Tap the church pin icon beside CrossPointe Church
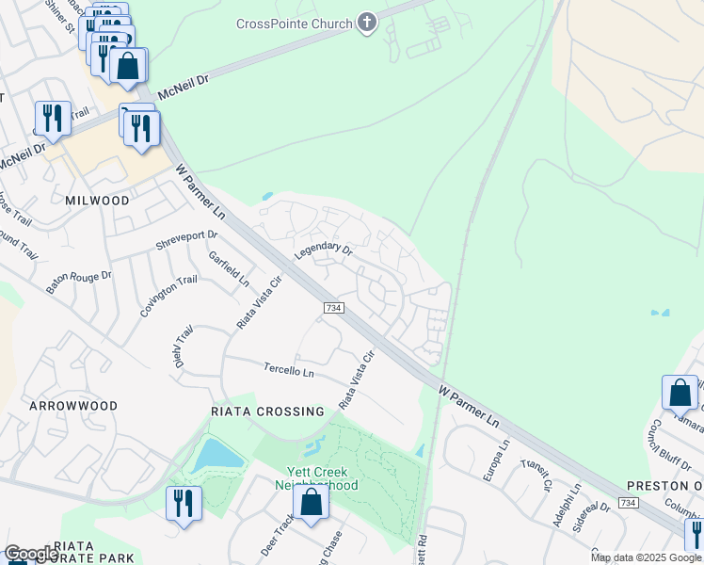367,23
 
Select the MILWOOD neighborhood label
97,201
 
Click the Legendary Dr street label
323,252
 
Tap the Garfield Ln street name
230,268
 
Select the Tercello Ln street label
288,370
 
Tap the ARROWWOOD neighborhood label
73,406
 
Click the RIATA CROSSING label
268,412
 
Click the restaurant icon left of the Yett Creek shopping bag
183,502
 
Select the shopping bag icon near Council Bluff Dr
680,392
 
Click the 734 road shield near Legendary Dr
333,308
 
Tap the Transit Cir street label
540,471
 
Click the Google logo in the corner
31,554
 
